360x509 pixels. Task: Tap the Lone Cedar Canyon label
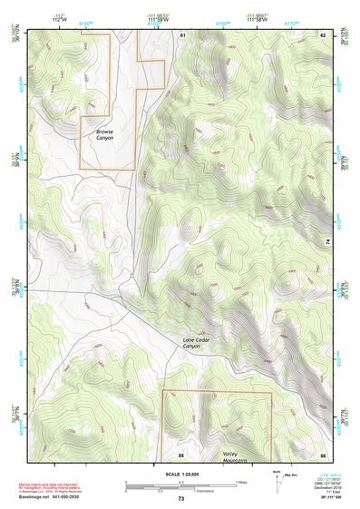tap(191, 343)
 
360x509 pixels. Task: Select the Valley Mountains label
tap(236, 457)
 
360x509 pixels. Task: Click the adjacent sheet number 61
tap(181, 34)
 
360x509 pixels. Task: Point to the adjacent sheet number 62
tap(322, 34)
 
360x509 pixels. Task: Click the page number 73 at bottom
tap(180, 499)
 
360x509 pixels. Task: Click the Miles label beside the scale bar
tap(241, 482)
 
